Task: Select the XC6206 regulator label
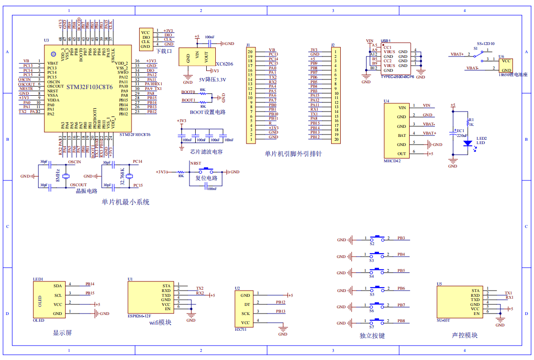224,64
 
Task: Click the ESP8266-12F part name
139,316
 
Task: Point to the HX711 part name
241,330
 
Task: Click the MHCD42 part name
393,161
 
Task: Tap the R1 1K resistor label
471,122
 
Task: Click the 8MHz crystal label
57,174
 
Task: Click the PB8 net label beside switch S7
401,321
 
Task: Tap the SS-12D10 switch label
485,43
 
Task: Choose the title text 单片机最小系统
125,202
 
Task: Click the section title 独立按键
372,336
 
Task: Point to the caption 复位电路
206,178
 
